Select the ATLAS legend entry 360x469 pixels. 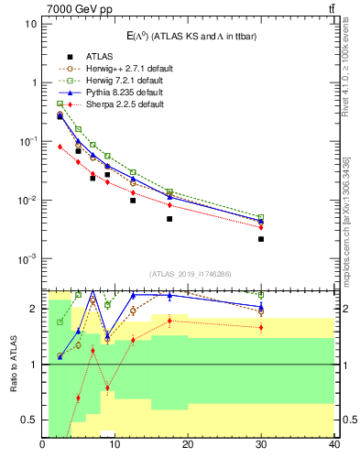point(86,56)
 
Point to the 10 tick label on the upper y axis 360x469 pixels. point(30,23)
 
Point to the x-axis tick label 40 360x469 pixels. point(333,446)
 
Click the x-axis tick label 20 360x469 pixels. point(188,446)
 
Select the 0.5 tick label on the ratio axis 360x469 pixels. point(30,420)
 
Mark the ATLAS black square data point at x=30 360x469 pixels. point(261,239)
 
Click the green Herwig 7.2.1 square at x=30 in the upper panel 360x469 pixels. point(261,217)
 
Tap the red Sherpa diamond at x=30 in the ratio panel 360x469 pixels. point(261,327)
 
